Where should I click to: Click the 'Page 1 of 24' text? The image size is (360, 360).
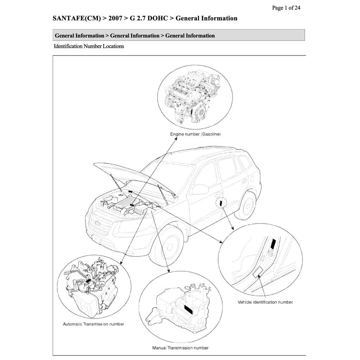(x=286, y=8)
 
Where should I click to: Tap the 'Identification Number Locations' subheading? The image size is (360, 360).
(x=89, y=46)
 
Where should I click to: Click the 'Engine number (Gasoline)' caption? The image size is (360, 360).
(x=195, y=134)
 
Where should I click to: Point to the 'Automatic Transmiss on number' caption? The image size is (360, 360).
(x=93, y=324)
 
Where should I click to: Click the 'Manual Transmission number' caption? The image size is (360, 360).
(x=180, y=348)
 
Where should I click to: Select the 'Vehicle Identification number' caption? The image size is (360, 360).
(x=265, y=302)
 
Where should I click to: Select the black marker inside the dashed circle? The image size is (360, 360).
(x=221, y=202)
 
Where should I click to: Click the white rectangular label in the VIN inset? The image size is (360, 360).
(x=258, y=271)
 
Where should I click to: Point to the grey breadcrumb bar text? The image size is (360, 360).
(x=135, y=36)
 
